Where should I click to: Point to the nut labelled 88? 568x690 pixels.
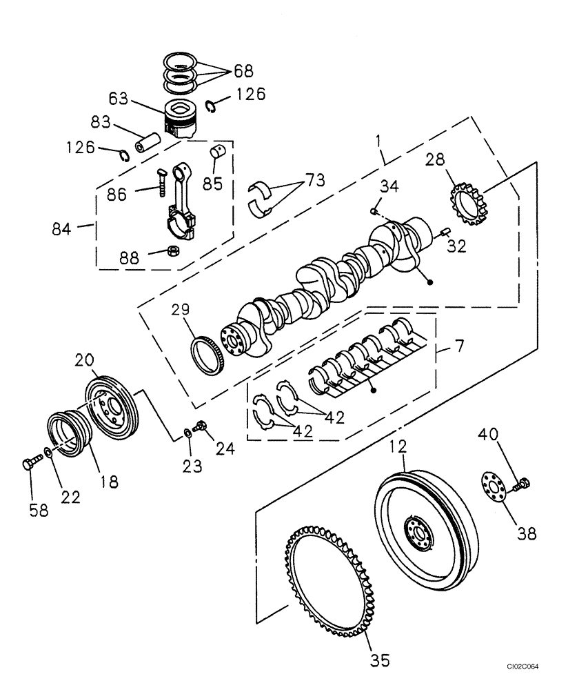[175, 250]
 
